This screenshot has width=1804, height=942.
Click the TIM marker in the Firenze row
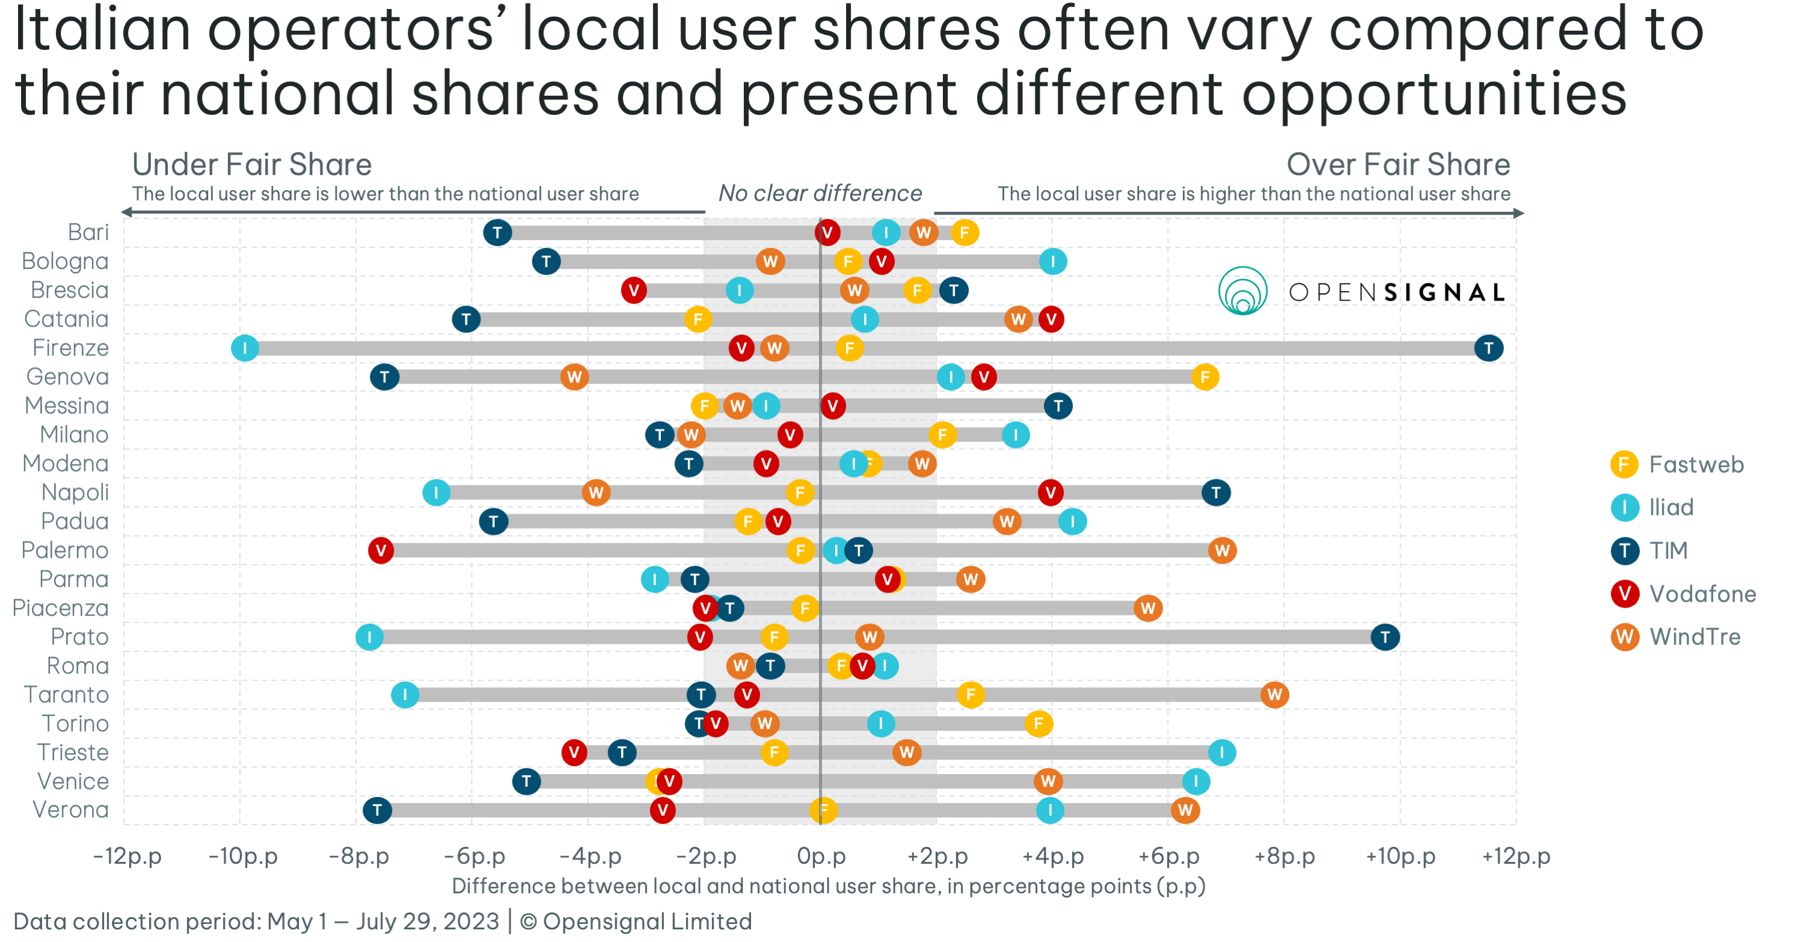coord(1488,348)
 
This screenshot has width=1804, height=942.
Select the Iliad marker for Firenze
coord(244,348)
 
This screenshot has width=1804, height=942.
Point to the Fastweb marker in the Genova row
coord(1204,377)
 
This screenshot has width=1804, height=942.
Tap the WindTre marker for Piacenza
coord(1147,608)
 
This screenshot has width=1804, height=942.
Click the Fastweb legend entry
coord(1677,464)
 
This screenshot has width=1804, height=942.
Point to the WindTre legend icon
coord(1624,636)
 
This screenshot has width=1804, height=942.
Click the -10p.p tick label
coord(243,856)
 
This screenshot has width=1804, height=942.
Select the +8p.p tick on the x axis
coord(1284,856)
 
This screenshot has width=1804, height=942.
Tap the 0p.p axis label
coord(821,856)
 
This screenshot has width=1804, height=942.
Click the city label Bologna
coord(65,261)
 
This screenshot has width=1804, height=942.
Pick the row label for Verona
coord(71,810)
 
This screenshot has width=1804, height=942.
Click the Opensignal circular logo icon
coord(1242,291)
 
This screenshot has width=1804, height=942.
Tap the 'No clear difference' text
coord(820,193)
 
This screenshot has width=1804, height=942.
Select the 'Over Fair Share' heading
coord(1398,165)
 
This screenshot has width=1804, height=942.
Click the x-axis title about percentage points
coord(829,886)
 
